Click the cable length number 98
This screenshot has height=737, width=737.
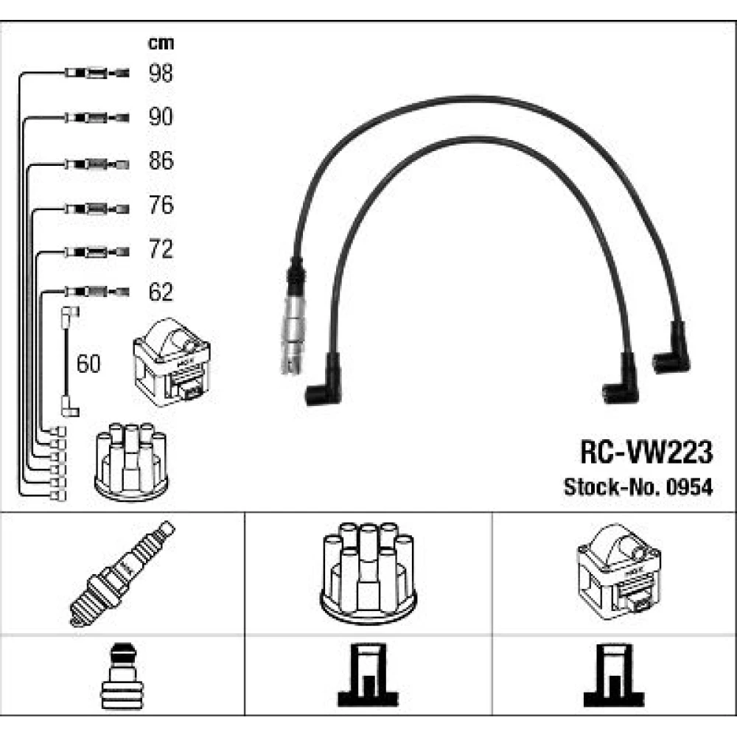click(161, 73)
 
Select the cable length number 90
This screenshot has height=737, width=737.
click(161, 117)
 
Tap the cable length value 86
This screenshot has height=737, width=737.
click(161, 161)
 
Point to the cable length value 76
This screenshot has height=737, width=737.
click(161, 206)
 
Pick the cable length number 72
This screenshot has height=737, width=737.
click(161, 250)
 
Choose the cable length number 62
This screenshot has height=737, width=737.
click(161, 293)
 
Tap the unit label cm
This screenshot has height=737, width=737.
click(161, 43)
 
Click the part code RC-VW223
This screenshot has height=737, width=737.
click(646, 453)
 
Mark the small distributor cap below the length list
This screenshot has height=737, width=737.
click(132, 461)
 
